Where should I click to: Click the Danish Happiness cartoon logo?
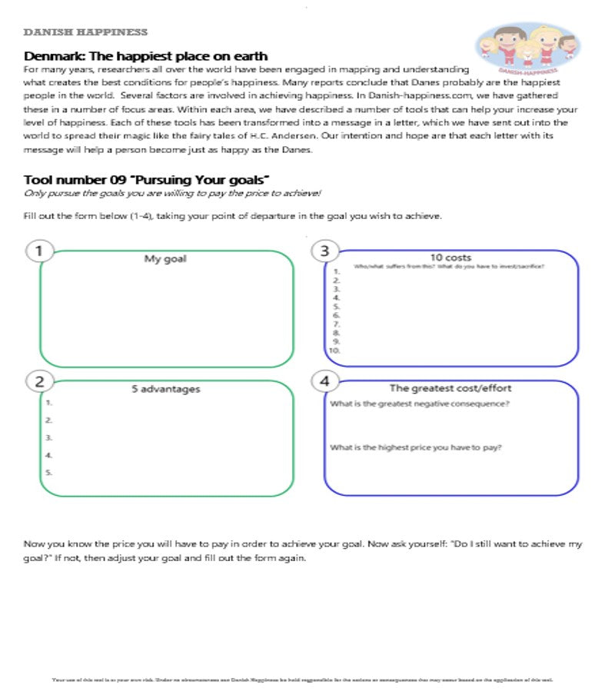527,48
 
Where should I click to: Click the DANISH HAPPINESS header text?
85,32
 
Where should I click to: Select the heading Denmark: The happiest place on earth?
146,56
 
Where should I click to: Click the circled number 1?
39,250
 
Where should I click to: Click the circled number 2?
39,380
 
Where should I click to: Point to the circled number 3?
324,250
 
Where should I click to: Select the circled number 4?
324,380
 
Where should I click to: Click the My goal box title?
165,259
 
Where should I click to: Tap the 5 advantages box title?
165,389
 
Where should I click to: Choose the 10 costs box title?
450,257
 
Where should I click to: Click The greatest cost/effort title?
450,388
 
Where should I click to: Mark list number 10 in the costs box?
334,350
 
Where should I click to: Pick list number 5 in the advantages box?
48,473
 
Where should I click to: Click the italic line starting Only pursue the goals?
172,194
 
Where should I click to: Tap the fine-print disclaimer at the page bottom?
302,679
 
